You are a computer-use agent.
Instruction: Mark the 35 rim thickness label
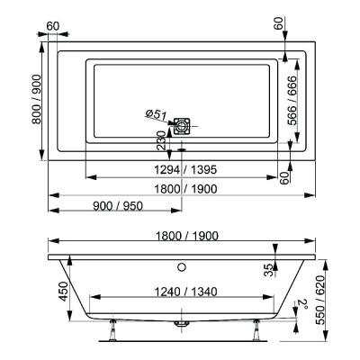(268, 271)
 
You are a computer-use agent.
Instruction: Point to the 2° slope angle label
(304, 306)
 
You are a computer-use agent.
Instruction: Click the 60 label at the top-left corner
(54, 24)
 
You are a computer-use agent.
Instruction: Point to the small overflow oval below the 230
(181, 149)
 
